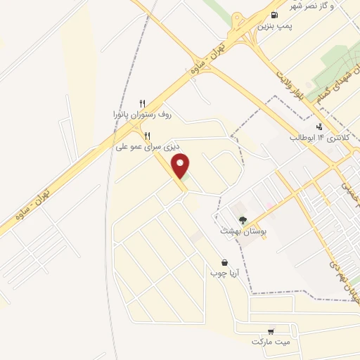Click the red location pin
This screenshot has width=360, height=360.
pyautogui.click(x=181, y=166)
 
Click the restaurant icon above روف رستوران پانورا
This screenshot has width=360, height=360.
pyautogui.click(x=143, y=103)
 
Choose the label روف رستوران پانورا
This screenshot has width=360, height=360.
pyautogui.click(x=143, y=113)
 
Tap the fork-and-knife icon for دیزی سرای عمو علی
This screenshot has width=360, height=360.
pyautogui.click(x=147, y=136)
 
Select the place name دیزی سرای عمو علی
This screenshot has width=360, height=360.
pyautogui.click(x=148, y=148)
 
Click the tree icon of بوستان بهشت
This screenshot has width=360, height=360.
pyautogui.click(x=243, y=219)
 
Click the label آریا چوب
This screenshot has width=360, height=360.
pyautogui.click(x=224, y=273)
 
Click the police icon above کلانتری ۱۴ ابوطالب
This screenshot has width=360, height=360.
pyautogui.click(x=321, y=127)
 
